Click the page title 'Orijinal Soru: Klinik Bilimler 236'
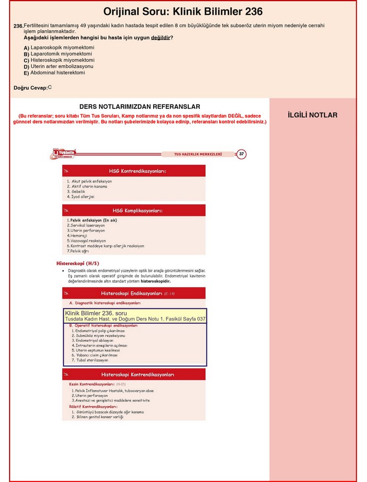click(x=182, y=12)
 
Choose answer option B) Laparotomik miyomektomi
click(x=61, y=54)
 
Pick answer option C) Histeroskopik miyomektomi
click(x=62, y=61)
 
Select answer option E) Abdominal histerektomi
click(x=57, y=73)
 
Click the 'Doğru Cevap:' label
click(x=30, y=88)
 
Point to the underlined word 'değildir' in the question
click(x=161, y=38)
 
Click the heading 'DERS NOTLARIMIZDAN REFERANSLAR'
click(x=139, y=107)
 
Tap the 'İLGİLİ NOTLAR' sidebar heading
click(x=312, y=115)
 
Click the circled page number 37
click(x=241, y=154)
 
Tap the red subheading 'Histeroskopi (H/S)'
click(x=78, y=263)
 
